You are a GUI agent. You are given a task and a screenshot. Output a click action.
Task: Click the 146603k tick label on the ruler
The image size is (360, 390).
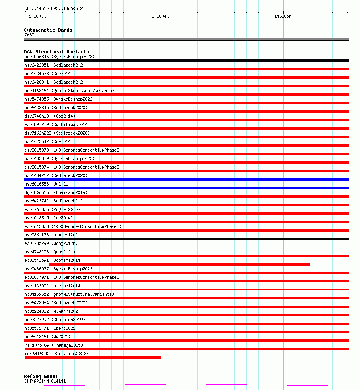[37, 17]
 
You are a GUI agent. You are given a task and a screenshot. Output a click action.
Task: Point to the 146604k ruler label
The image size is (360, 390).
[160, 17]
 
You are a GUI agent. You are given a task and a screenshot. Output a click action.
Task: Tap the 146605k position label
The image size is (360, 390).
[283, 17]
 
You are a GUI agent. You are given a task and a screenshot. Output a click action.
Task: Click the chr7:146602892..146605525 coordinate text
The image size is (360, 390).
[55, 8]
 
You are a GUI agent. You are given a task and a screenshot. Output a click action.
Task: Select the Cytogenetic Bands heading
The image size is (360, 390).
[48, 30]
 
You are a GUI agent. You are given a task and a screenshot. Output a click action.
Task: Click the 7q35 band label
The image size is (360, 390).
[29, 35]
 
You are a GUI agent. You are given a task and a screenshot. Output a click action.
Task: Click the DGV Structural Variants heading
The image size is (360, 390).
[57, 52]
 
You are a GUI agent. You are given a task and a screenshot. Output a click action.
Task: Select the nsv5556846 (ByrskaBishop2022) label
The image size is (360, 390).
[59, 57]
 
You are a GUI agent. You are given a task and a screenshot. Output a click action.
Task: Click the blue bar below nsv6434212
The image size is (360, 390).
[186, 179]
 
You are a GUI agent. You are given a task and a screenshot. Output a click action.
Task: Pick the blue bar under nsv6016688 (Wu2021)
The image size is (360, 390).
[186, 188]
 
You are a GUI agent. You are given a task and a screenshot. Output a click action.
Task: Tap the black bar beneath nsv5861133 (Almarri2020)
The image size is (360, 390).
[186, 239]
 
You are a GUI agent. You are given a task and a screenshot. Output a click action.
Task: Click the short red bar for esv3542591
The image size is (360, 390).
[180, 264]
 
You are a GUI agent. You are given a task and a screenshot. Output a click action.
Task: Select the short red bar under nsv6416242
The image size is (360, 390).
[93, 358]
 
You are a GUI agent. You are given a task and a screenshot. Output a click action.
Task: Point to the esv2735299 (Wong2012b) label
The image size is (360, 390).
[51, 243]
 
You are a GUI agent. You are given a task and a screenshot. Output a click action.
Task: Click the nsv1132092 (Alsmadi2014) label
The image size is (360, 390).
[53, 286]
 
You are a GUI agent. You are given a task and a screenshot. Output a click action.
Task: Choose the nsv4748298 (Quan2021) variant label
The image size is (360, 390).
[50, 252]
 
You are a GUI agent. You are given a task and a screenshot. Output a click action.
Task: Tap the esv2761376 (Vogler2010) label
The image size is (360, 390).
[52, 209]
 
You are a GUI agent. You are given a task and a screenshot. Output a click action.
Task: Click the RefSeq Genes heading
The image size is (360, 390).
[41, 377]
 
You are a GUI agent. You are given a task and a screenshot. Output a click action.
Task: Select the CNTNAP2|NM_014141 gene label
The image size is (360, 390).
[45, 381]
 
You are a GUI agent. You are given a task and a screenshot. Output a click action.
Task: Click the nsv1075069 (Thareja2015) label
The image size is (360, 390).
[53, 345]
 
